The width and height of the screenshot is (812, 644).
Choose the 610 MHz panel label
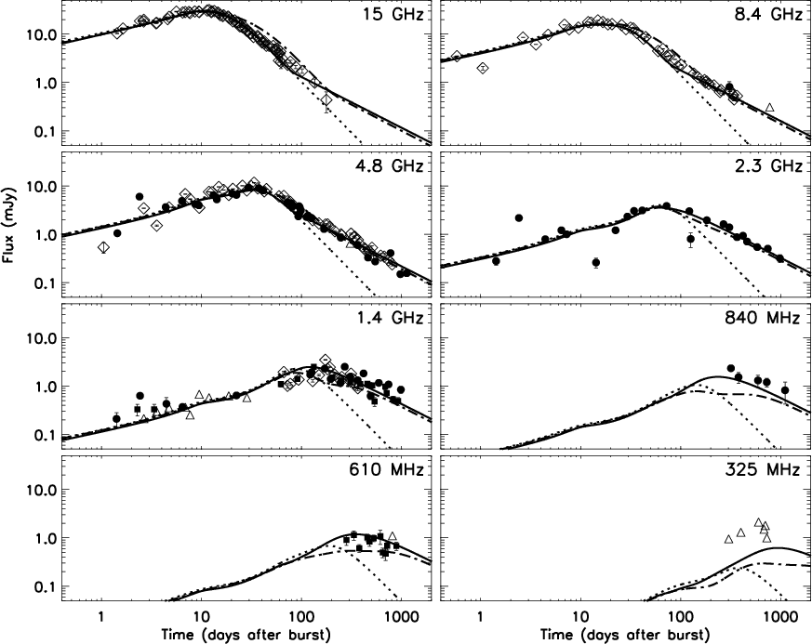coord(386,468)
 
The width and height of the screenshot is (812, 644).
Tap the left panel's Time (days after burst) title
coord(246,634)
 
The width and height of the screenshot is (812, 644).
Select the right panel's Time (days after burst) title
coord(625,634)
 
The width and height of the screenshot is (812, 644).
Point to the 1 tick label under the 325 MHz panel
coord(481,616)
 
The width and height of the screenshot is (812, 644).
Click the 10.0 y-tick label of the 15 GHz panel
coord(41,34)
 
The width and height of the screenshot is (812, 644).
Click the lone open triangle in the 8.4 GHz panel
coord(769,107)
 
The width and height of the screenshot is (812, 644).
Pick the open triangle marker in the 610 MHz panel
coord(392,536)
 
